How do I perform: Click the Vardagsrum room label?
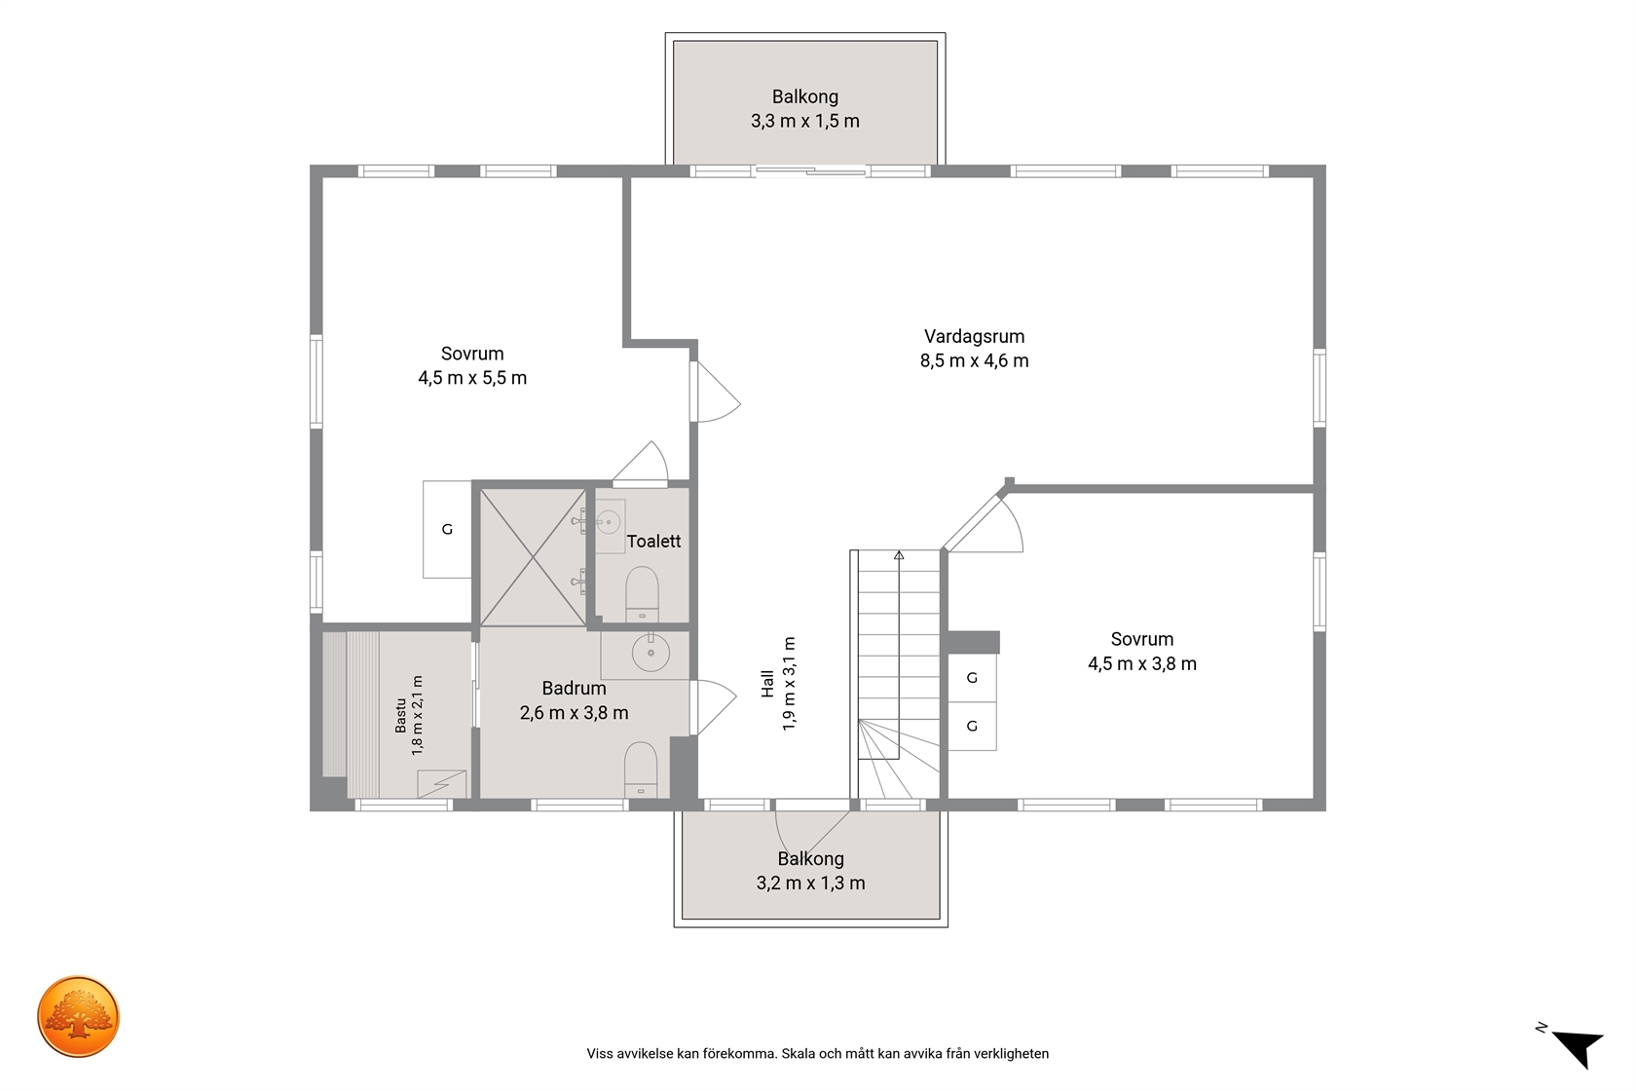point(974,337)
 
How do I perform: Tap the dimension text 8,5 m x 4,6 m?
point(974,361)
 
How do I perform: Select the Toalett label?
point(653,542)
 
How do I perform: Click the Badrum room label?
point(575,689)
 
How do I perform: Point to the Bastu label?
point(400,716)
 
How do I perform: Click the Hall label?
point(767,684)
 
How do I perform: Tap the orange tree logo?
point(78,1016)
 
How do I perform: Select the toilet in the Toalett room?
point(642,593)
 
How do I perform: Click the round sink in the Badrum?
point(651,653)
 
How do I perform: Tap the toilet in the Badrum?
point(641,770)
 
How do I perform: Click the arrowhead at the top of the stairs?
point(899,555)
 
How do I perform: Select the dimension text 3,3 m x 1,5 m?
point(804,122)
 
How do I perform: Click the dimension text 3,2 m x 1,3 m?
point(810,884)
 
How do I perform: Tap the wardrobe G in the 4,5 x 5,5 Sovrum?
point(447,529)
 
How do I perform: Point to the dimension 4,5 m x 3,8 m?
point(1142,664)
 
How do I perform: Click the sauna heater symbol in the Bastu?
point(442,784)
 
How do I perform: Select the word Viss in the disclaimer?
point(600,1054)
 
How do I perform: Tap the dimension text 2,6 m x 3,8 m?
point(575,713)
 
